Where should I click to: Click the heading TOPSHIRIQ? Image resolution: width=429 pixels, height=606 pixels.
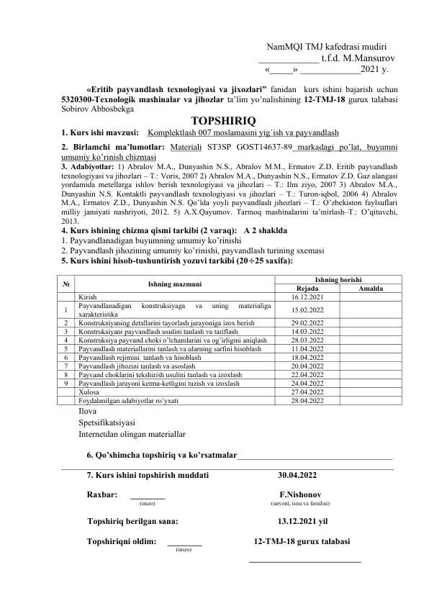coord(220,120)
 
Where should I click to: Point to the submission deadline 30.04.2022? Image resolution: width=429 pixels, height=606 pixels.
coord(297,475)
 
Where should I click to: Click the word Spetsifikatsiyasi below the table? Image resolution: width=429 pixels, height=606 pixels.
coord(107,422)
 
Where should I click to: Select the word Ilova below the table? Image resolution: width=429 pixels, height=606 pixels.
coord(88,411)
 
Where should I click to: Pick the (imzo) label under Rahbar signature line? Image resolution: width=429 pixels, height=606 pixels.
coord(147,504)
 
